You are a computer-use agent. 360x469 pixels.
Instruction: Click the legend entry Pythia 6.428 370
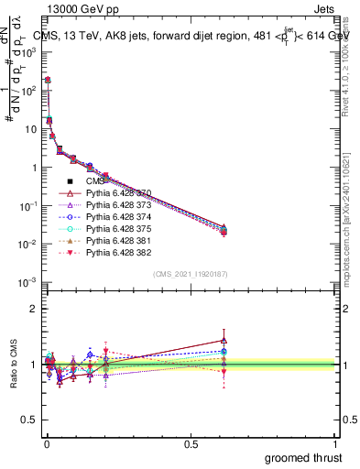tap(118, 193)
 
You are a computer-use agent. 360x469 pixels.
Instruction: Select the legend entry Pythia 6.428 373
tap(118, 205)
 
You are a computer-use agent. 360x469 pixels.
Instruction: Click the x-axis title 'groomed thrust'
tap(303, 457)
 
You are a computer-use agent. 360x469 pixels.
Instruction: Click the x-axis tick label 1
tap(336, 444)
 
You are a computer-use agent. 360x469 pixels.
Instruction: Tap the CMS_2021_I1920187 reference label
tap(190, 274)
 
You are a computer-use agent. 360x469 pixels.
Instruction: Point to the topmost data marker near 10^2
tap(48, 80)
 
